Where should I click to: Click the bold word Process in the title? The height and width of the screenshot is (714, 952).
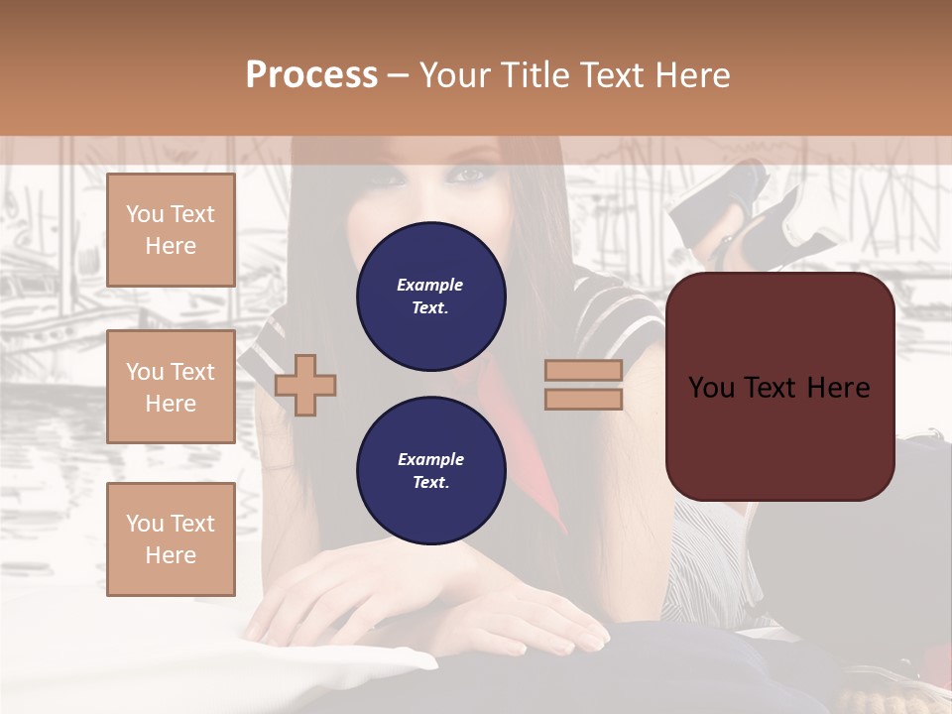pos(311,75)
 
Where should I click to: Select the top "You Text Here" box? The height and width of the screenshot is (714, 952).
pos(171,230)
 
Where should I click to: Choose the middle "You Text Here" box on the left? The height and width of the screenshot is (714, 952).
pos(171,387)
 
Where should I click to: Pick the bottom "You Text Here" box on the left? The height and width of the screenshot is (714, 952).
pos(171,538)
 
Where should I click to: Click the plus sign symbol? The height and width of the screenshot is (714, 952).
pos(305,385)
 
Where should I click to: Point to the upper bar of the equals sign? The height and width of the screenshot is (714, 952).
pos(584,370)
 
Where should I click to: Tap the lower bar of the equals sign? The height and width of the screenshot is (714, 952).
pos(584,399)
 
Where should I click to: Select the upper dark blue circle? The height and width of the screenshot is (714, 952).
pos(430,297)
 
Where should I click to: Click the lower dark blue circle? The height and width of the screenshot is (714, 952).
pos(430,471)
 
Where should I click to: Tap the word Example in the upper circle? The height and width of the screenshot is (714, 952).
pos(430,285)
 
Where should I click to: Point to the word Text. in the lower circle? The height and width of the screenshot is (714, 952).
pos(430,483)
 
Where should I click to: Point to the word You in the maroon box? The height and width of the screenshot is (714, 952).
pos(710,388)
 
